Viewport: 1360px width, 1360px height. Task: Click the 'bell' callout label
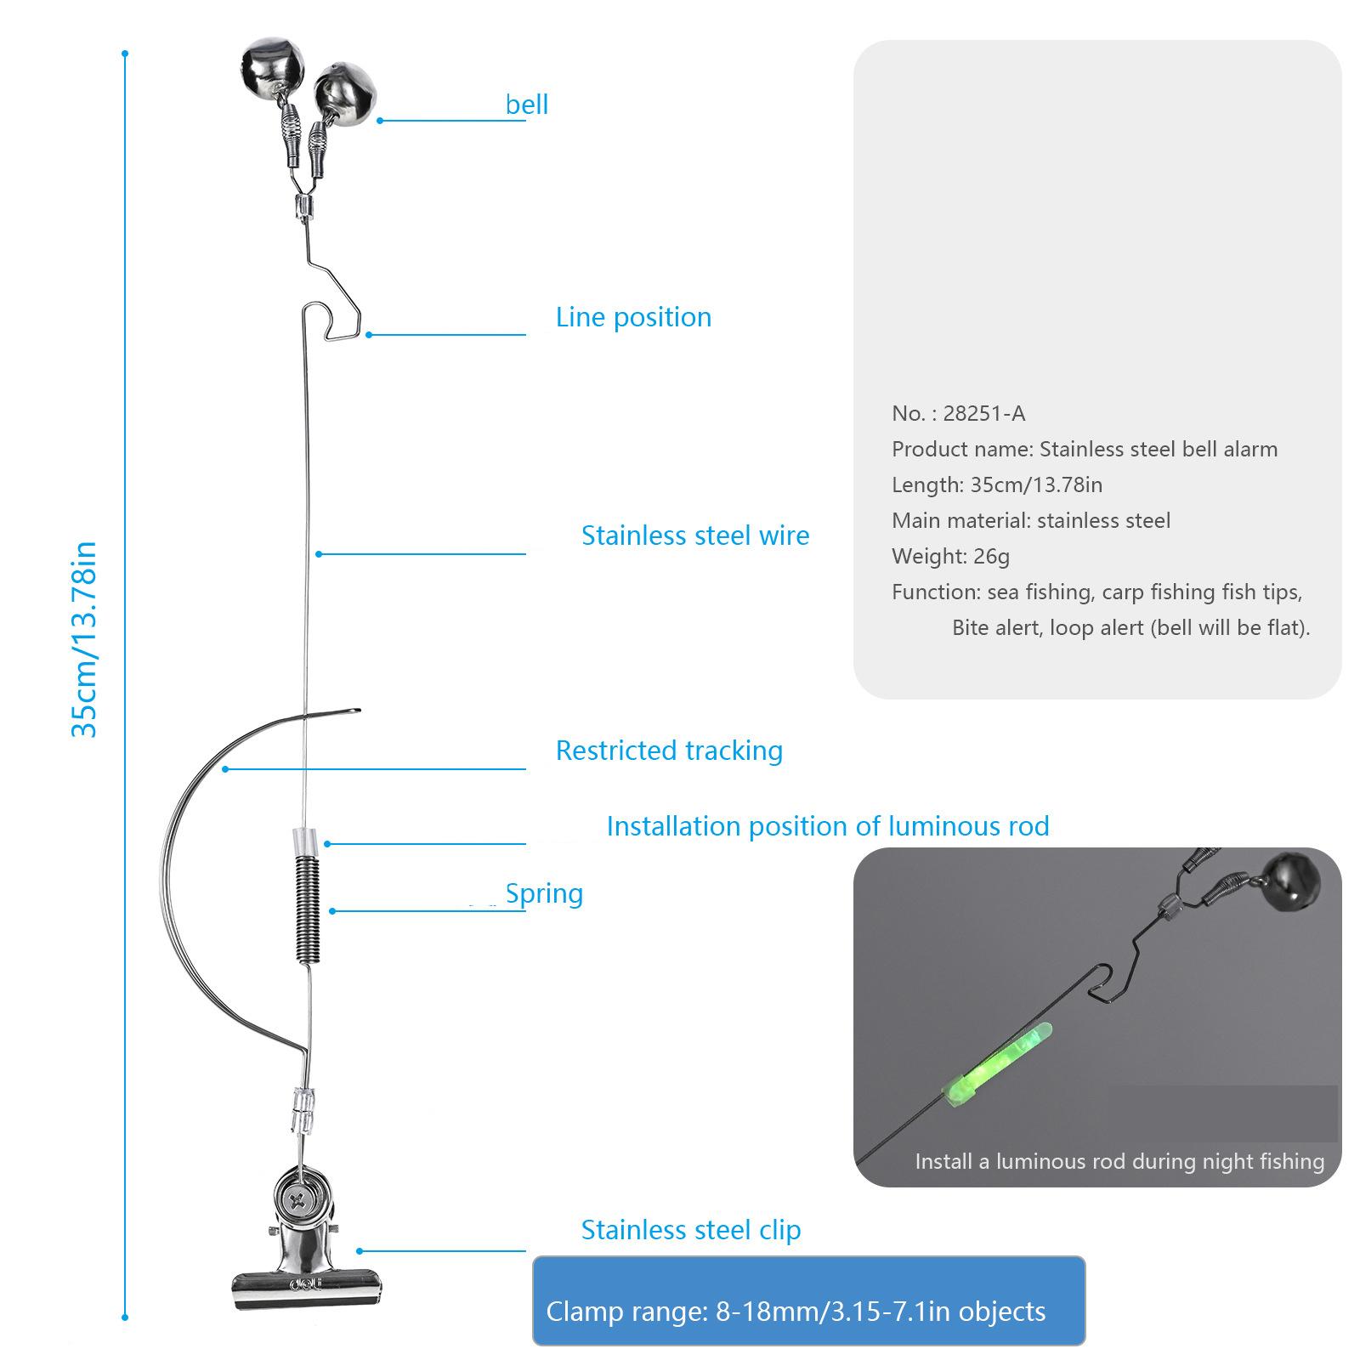click(x=527, y=105)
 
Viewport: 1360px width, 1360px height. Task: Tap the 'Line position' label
click(x=633, y=317)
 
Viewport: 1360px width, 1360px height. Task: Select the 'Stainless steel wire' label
click(x=694, y=535)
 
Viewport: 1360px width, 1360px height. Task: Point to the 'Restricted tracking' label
click(x=669, y=751)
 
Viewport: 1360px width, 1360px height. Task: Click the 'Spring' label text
click(x=544, y=893)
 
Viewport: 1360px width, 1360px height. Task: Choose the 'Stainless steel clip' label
click(x=690, y=1230)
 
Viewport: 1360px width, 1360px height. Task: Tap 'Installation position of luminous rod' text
click(x=827, y=826)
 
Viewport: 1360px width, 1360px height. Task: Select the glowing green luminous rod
click(x=1000, y=1068)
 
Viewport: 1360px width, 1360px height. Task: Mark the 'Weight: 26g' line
click(x=950, y=557)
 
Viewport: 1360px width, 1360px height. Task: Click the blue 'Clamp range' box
click(x=807, y=1301)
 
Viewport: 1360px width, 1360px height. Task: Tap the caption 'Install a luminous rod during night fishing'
click(x=1119, y=1162)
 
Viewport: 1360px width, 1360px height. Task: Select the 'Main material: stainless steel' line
click(x=1030, y=521)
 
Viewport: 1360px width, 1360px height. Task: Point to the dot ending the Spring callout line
click(x=332, y=911)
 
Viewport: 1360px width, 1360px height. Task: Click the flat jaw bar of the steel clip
click(x=304, y=1289)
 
